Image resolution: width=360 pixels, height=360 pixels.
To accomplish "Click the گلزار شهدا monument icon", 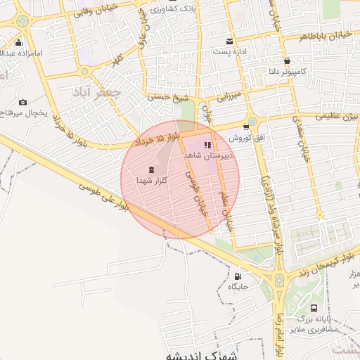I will click(150, 169).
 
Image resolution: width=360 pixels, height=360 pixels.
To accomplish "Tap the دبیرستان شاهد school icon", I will click(207, 145).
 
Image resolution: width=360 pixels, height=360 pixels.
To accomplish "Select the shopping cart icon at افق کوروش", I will click(245, 127).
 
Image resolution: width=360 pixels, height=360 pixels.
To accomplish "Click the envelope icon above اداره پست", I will click(229, 41).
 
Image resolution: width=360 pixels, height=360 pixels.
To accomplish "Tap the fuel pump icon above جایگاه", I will click(238, 276).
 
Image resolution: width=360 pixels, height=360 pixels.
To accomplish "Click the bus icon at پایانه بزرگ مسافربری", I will click(313, 307).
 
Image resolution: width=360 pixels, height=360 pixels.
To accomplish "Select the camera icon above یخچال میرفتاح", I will click(22, 103).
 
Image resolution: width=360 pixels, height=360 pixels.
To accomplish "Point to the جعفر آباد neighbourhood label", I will click(96, 91).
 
